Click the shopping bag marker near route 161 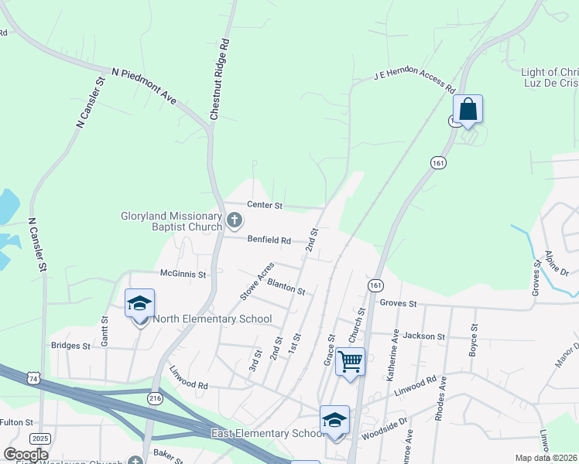click(x=468, y=109)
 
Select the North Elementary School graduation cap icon click(x=139, y=304)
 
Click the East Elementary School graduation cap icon click(x=334, y=420)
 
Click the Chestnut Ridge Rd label click(x=221, y=79)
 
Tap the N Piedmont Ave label click(x=144, y=85)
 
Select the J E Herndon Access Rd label click(x=413, y=79)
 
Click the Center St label click(x=265, y=206)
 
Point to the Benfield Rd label click(x=269, y=241)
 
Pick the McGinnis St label click(x=183, y=274)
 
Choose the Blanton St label click(x=286, y=286)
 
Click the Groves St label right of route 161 click(x=399, y=304)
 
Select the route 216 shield click(x=155, y=397)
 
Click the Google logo click(x=26, y=454)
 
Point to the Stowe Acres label click(x=257, y=280)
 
